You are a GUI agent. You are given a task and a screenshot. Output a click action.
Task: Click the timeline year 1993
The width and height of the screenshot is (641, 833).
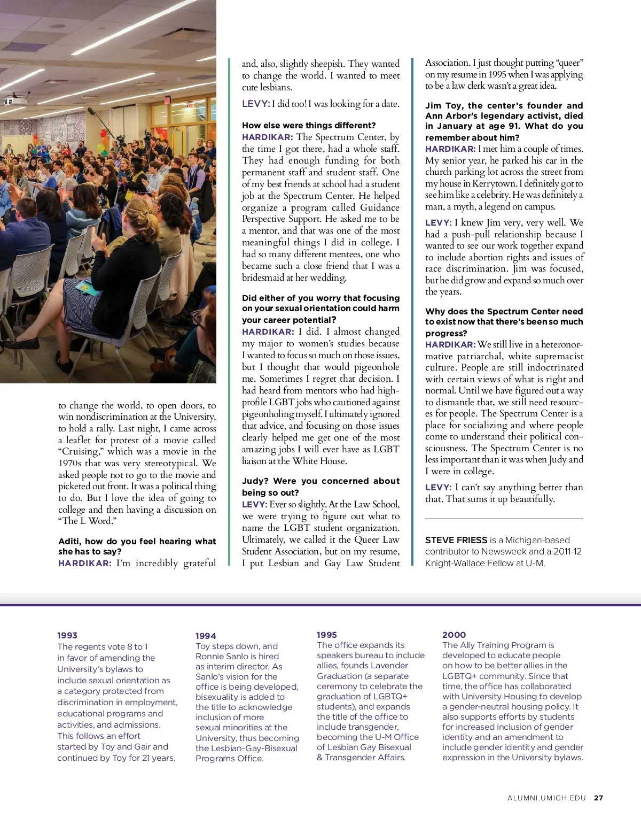coord(67,635)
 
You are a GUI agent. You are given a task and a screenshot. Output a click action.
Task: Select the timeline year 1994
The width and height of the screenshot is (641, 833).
coord(206,636)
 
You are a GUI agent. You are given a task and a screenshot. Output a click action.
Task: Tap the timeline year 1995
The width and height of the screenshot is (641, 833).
coord(327,635)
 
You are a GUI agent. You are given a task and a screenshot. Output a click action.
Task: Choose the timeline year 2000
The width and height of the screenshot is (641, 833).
coord(454,635)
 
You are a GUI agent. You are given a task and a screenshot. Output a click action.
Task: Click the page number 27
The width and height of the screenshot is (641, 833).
coord(598,798)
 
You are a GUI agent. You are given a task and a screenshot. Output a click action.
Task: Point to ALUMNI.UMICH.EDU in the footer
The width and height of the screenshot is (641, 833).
coord(546,798)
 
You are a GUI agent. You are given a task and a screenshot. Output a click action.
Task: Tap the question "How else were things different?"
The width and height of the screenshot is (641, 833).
coord(309,125)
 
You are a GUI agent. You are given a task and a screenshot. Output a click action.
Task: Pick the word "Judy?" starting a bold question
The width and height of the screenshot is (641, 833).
coord(254,481)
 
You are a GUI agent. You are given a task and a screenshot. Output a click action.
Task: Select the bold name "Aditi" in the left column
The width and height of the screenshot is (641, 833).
coord(70,541)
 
